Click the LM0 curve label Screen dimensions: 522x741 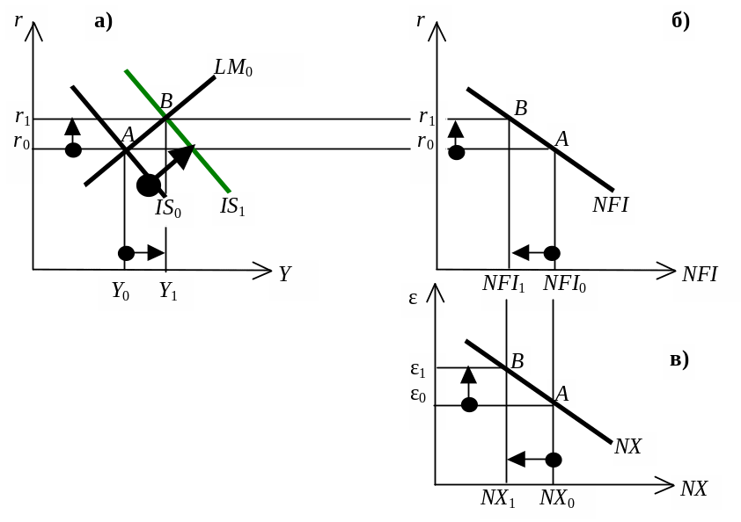click(x=234, y=69)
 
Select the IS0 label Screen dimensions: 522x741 click(x=168, y=209)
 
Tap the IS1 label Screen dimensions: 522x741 click(x=232, y=207)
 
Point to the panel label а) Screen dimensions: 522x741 click(x=104, y=22)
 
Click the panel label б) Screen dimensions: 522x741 click(x=679, y=22)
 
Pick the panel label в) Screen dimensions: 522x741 click(x=679, y=359)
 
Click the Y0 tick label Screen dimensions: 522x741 click(x=120, y=293)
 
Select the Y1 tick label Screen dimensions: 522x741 click(x=168, y=293)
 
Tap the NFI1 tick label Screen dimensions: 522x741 click(x=503, y=285)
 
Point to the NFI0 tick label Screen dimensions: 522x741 click(x=564, y=285)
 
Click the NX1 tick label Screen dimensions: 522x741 click(x=497, y=498)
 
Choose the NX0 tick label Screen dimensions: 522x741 click(x=557, y=498)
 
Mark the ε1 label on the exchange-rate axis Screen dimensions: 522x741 click(x=418, y=370)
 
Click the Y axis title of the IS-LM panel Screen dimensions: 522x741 click(x=285, y=274)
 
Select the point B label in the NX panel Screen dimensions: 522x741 click(x=517, y=361)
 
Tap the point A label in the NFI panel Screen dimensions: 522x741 click(x=561, y=138)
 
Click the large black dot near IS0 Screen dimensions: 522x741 click(x=149, y=185)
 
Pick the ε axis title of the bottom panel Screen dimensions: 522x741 click(x=413, y=298)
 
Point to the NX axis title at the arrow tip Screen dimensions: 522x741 click(x=694, y=489)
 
